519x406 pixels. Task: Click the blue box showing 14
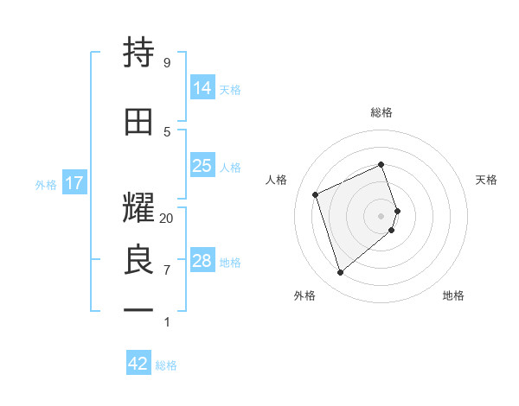click(202, 88)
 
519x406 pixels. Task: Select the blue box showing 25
click(202, 166)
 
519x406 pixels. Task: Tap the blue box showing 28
click(202, 261)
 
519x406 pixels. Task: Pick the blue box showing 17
click(74, 183)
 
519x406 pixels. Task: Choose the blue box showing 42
click(138, 364)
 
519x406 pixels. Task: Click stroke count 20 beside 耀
click(167, 219)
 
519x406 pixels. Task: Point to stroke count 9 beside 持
click(167, 63)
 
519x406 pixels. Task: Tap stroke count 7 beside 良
click(167, 270)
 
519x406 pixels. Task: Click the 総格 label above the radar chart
click(381, 112)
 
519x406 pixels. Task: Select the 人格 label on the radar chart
click(277, 180)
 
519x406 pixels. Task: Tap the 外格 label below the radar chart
click(304, 295)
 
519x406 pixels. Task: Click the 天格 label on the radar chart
click(487, 180)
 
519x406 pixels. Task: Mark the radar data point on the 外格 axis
click(340, 273)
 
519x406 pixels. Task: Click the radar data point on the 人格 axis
click(316, 194)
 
